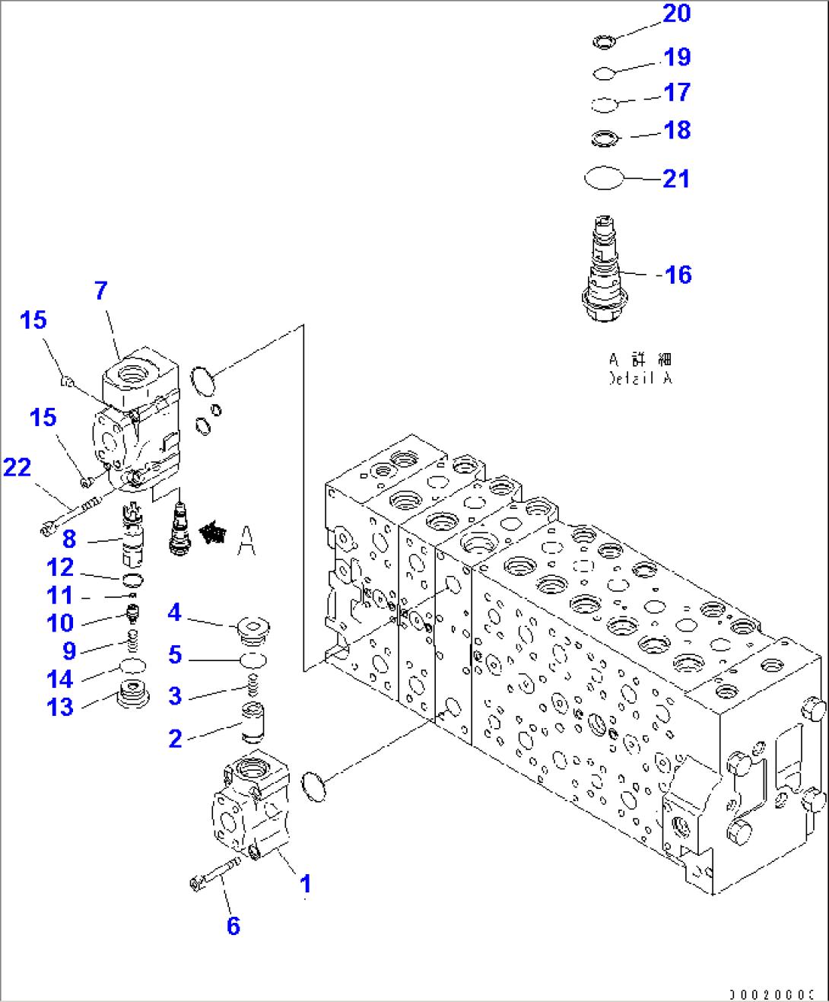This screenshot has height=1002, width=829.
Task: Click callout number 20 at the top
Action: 676,14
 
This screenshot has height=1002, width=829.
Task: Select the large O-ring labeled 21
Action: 604,178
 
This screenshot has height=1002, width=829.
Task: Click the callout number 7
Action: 101,290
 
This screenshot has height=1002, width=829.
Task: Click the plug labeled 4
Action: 253,628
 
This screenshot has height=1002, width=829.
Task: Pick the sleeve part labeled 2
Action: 252,723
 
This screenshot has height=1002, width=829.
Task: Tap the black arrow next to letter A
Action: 213,533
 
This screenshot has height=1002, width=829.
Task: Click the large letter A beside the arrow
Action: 246,540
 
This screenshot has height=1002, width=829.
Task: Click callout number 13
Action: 60,707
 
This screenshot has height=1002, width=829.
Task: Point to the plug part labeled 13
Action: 133,695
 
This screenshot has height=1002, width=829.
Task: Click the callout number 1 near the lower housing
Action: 305,883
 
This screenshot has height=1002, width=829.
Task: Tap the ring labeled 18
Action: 605,138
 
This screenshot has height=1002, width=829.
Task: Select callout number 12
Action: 60,568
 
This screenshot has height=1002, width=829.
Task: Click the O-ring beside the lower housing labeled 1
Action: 313,786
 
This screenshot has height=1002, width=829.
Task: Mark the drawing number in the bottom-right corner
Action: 771,994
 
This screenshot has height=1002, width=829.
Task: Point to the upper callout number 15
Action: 33,320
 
